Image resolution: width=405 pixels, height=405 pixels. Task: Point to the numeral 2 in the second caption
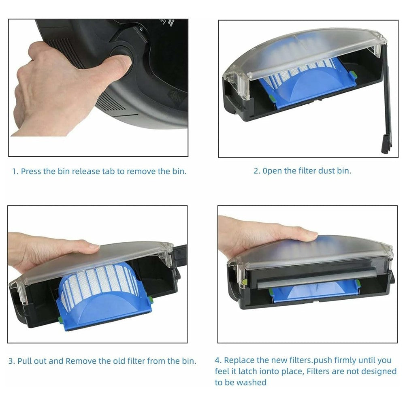(x=256, y=171)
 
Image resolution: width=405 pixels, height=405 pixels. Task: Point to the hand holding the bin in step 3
(x=49, y=251)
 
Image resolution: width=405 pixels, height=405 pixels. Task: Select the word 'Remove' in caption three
(x=81, y=361)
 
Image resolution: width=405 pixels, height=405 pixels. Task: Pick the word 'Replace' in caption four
(x=240, y=360)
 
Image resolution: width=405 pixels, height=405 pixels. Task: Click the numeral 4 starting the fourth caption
(x=217, y=360)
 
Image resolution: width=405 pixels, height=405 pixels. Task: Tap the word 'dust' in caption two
(x=326, y=171)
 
